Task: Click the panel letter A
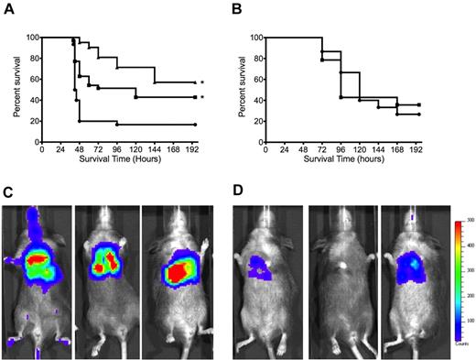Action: click(x=7, y=8)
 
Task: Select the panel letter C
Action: click(x=7, y=193)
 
